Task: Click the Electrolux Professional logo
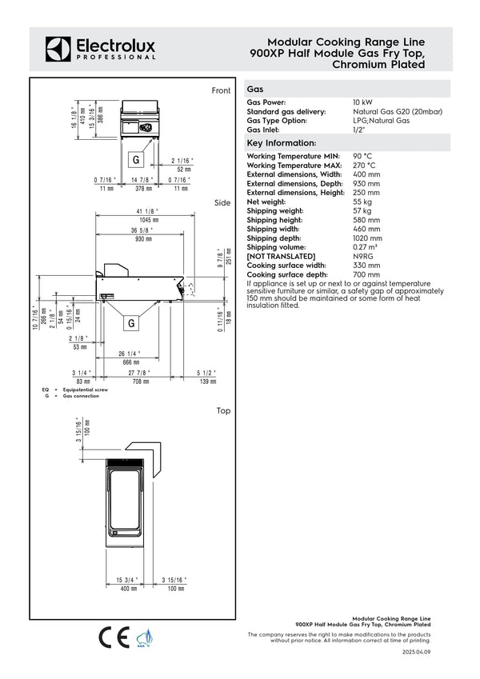pyautogui.click(x=101, y=49)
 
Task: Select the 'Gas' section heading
pyautogui.click(x=255, y=90)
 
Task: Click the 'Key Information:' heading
pyautogui.click(x=282, y=142)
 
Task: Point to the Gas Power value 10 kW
pyautogui.click(x=362, y=103)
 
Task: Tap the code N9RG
pyautogui.click(x=363, y=257)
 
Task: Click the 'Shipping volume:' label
pyautogui.click(x=274, y=247)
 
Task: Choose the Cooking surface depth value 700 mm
pyautogui.click(x=366, y=274)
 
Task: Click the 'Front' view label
pyautogui.click(x=221, y=90)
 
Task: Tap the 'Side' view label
pyautogui.click(x=222, y=203)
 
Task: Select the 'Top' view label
pyautogui.click(x=223, y=410)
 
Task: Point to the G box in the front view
pyautogui.click(x=136, y=152)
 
